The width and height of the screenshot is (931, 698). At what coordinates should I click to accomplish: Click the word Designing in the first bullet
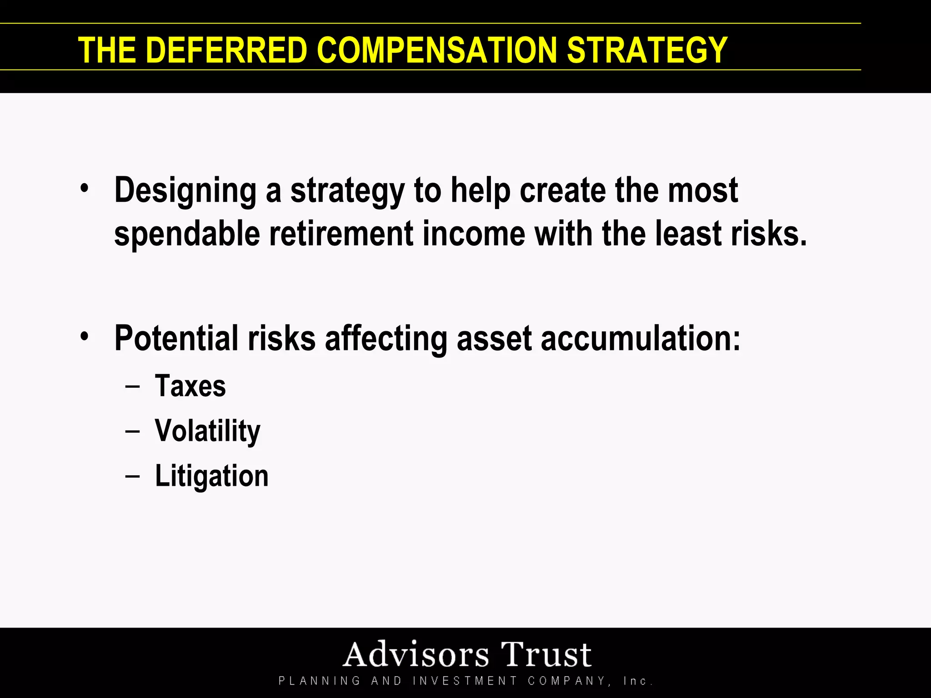[x=185, y=191]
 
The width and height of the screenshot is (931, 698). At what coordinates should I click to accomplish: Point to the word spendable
[x=187, y=234]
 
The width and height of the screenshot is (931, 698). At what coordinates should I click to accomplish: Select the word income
[x=474, y=234]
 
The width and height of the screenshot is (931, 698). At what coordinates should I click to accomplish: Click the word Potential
[x=176, y=339]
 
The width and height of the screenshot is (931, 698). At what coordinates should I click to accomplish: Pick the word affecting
[x=386, y=339]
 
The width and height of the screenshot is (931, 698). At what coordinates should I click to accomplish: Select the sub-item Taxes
[x=190, y=386]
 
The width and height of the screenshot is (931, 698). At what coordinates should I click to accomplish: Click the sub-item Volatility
[x=207, y=431]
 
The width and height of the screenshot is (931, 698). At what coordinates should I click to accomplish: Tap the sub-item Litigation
[x=211, y=476]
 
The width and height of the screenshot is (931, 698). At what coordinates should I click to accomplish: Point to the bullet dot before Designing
[x=84, y=188]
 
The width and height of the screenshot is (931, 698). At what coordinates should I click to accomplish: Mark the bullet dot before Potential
[x=84, y=337]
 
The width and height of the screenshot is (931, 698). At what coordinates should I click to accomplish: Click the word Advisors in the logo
[x=415, y=655]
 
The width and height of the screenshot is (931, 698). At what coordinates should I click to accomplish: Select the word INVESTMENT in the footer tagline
[x=465, y=681]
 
